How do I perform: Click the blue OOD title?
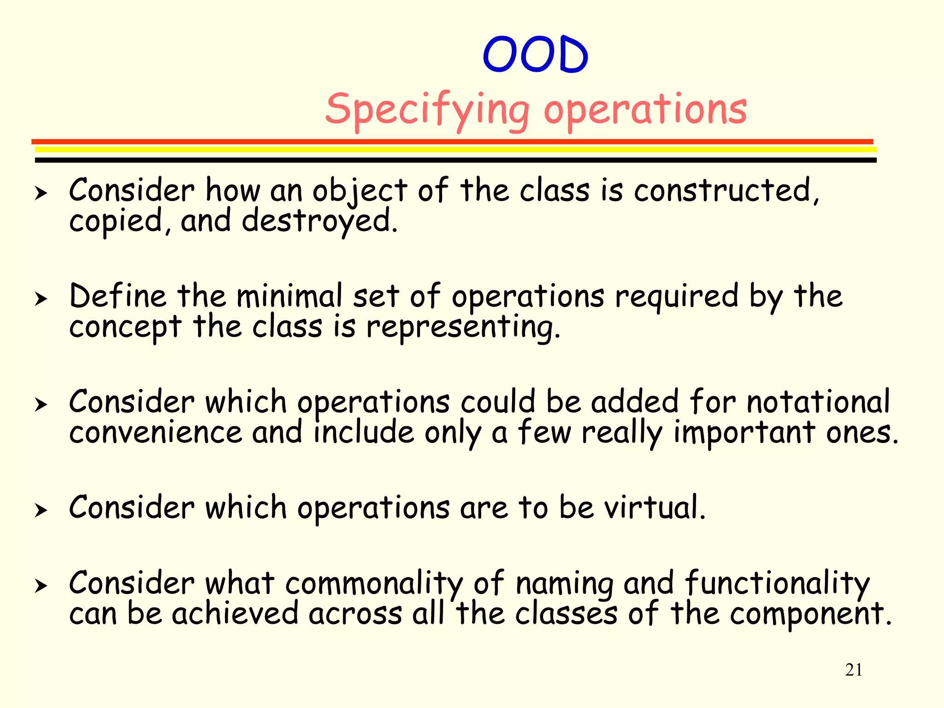tap(535, 54)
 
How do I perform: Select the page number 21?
tap(854, 670)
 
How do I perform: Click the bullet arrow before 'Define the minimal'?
tap(41, 299)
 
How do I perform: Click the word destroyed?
tap(319, 221)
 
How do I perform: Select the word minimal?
tap(289, 296)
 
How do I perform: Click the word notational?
tap(818, 401)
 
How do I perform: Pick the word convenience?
tap(156, 433)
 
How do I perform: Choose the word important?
tap(744, 433)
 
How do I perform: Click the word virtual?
tap(655, 507)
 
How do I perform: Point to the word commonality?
tap(374, 583)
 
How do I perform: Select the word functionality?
tap(777, 583)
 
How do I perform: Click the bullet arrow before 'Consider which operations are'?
tap(41, 510)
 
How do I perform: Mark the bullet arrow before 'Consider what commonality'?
tap(41, 586)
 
